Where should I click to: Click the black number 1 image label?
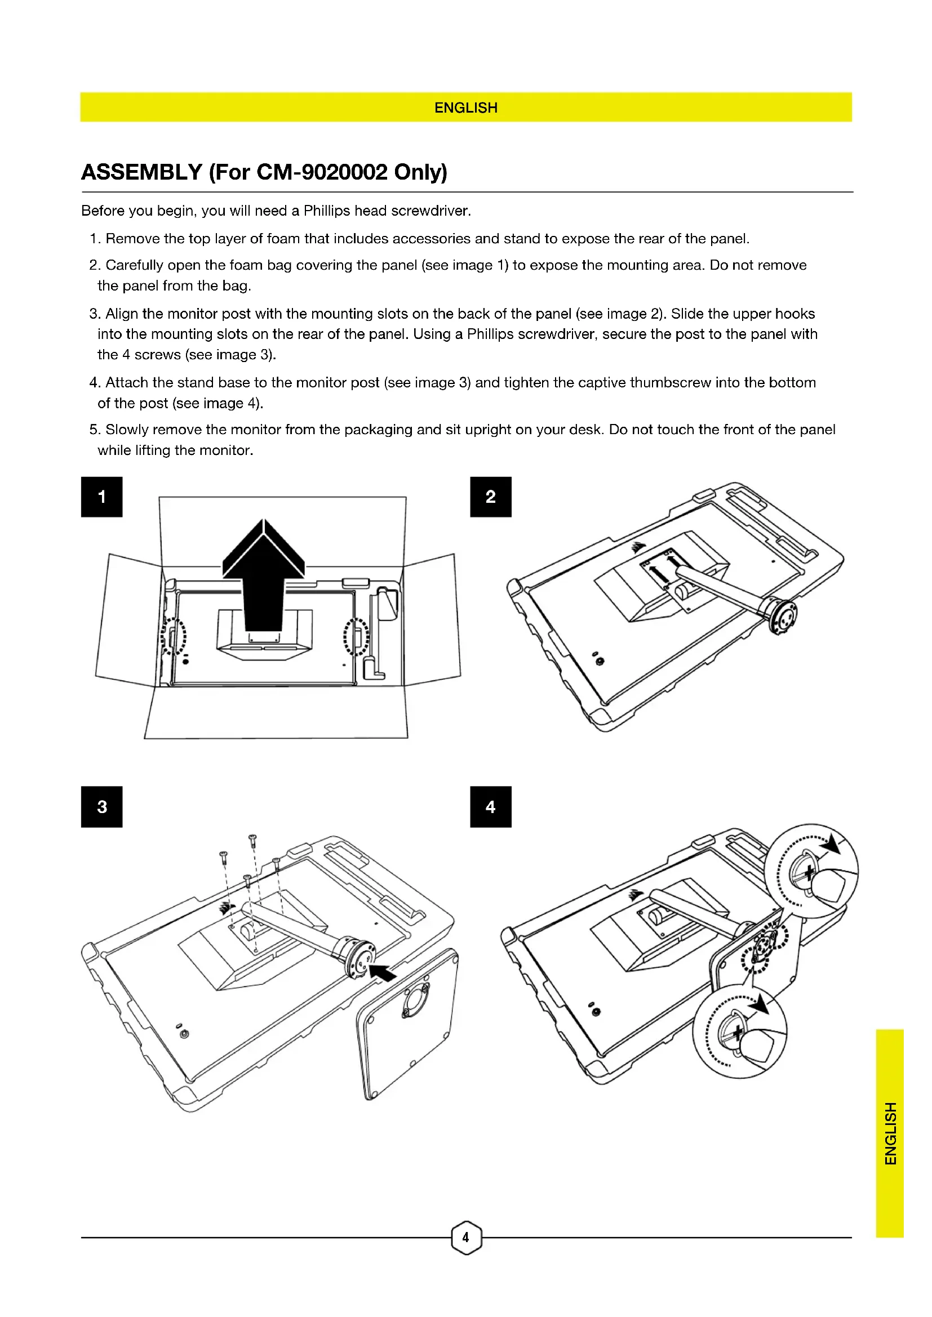(x=101, y=497)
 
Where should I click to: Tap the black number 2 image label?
(x=490, y=497)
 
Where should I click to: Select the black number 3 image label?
(x=101, y=806)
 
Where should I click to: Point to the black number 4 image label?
(x=490, y=806)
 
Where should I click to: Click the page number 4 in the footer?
(x=465, y=1237)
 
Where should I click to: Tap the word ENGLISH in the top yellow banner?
(x=465, y=108)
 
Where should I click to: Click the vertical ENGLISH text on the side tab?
(x=890, y=1133)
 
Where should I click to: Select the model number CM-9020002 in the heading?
(x=322, y=172)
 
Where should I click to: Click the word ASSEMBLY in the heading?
(x=142, y=172)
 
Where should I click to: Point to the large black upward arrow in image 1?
(x=263, y=574)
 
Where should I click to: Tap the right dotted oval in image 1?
(x=356, y=636)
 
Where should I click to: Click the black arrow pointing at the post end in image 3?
(x=383, y=972)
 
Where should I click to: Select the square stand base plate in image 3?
(x=407, y=1024)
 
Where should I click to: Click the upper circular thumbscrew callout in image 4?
(x=811, y=870)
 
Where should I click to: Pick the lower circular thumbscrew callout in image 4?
(x=740, y=1032)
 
